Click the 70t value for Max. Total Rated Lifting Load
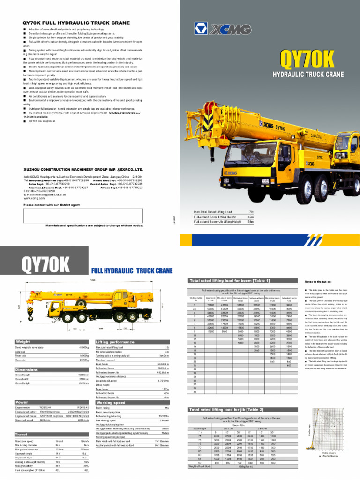[251, 212]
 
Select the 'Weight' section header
[23, 342]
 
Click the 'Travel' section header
[22, 435]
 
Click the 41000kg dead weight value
[84, 347]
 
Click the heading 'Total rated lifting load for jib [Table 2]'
[220, 410]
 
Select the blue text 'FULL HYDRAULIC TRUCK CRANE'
[132, 271]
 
